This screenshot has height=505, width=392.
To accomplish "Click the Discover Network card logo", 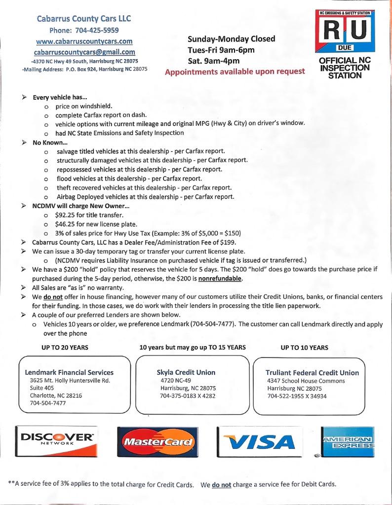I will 56,440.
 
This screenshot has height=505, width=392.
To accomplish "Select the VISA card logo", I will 259,440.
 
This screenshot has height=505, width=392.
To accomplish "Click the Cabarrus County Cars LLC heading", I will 84,19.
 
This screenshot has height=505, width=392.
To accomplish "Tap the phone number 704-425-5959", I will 84,30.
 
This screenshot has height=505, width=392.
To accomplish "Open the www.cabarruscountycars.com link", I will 84,41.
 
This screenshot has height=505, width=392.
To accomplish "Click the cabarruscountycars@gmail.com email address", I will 84,52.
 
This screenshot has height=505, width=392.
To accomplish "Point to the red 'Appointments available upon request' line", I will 235,71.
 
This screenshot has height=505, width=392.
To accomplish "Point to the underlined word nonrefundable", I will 220,278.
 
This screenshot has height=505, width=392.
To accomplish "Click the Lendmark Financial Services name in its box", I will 69,372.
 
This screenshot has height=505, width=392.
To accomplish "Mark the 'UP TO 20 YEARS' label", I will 65,347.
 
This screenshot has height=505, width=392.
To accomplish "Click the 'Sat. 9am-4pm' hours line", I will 214,61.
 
